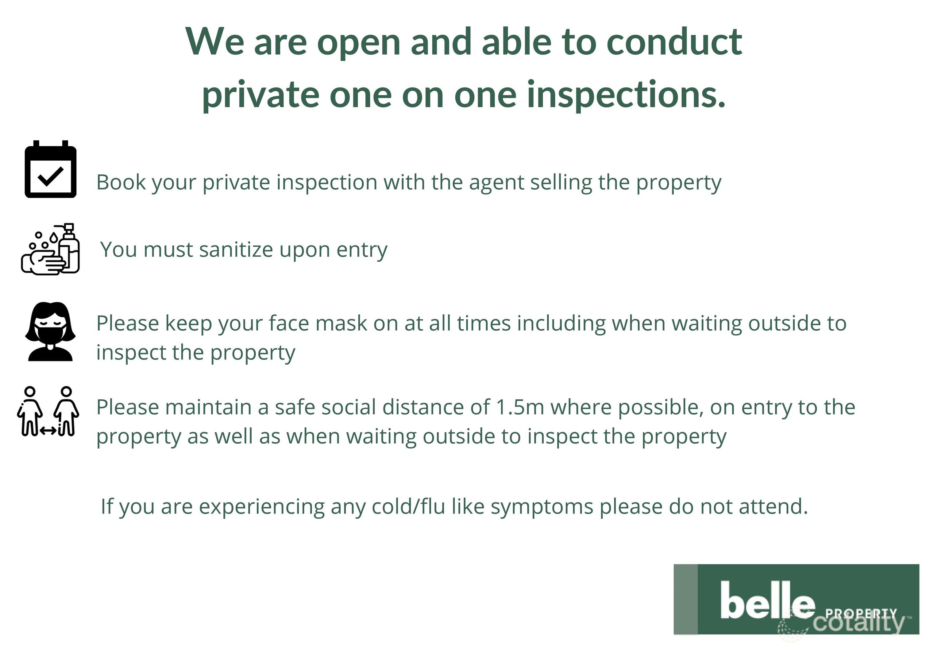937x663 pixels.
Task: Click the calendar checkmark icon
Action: pyautogui.click(x=51, y=169)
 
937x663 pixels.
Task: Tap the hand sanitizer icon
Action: pyautogui.click(x=51, y=249)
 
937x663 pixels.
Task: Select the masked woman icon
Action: pyautogui.click(x=50, y=331)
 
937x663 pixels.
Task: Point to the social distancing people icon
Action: pyautogui.click(x=48, y=412)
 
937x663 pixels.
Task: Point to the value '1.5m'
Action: pyautogui.click(x=520, y=407)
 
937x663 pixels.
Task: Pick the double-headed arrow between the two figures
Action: pyautogui.click(x=48, y=430)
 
